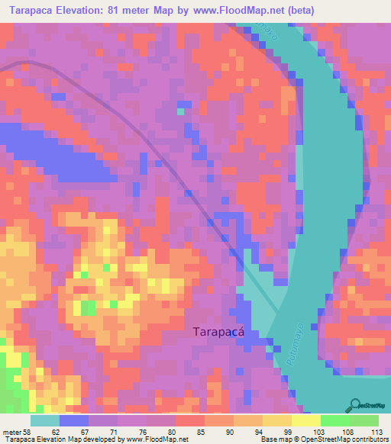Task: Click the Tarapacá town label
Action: click(x=222, y=332)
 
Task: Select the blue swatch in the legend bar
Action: click(x=74, y=420)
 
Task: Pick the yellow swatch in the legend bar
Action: click(x=305, y=420)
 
